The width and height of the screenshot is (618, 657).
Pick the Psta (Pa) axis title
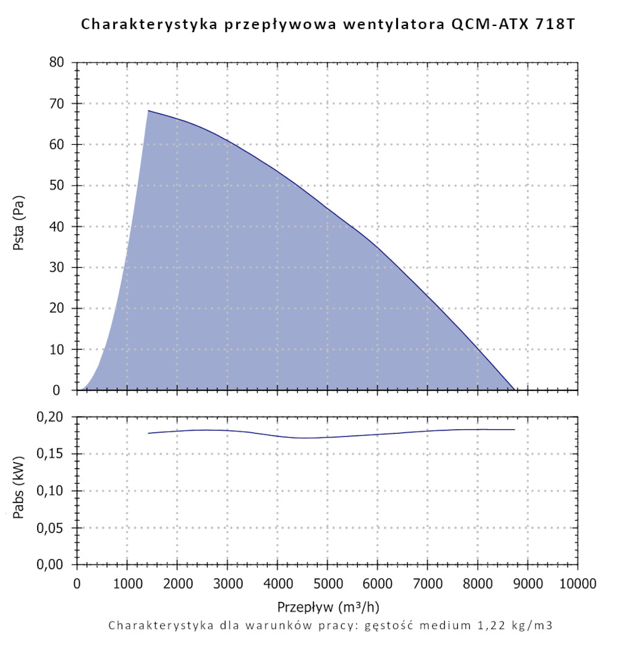19,226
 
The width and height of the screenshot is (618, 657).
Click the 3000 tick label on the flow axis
227,584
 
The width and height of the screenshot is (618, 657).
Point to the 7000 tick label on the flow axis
428,584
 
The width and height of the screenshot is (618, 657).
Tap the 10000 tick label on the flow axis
578,584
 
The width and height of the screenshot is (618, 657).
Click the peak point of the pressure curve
148,111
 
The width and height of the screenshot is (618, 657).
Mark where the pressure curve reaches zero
514,390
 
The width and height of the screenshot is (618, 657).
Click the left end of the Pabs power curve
148,433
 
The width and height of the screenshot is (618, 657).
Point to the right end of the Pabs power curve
514,429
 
